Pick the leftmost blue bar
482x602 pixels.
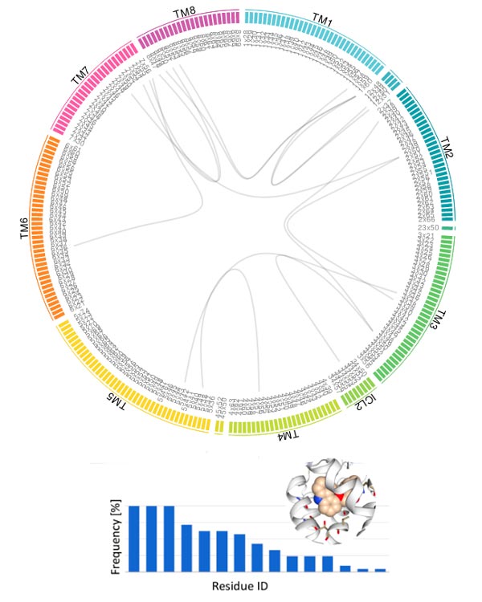click(x=134, y=538)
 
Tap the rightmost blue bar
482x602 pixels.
click(x=381, y=570)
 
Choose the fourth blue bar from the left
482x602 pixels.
click(x=186, y=547)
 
